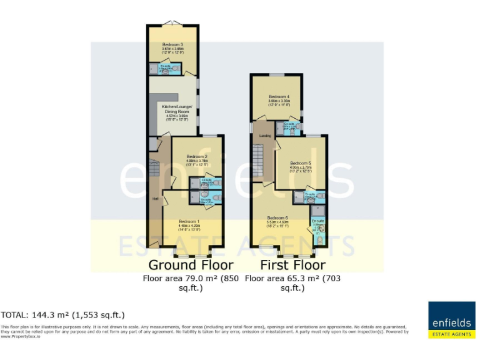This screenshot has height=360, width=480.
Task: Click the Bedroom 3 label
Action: click(172, 45)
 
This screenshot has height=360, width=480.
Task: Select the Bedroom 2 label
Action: click(197, 156)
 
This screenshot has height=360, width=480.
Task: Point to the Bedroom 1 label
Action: click(189, 222)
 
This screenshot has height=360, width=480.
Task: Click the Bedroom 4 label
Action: click(279, 96)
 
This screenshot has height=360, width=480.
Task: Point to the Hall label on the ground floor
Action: click(155, 199)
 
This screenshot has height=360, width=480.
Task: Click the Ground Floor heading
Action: click(191, 264)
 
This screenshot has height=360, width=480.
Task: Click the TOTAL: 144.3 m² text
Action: click(63, 315)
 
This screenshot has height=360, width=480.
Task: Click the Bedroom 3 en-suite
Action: click(166, 69)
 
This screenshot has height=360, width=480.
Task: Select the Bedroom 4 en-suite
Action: click(289, 128)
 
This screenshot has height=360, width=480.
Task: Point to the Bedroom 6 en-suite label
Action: click(317, 222)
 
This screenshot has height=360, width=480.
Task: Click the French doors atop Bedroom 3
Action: click(173, 24)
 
